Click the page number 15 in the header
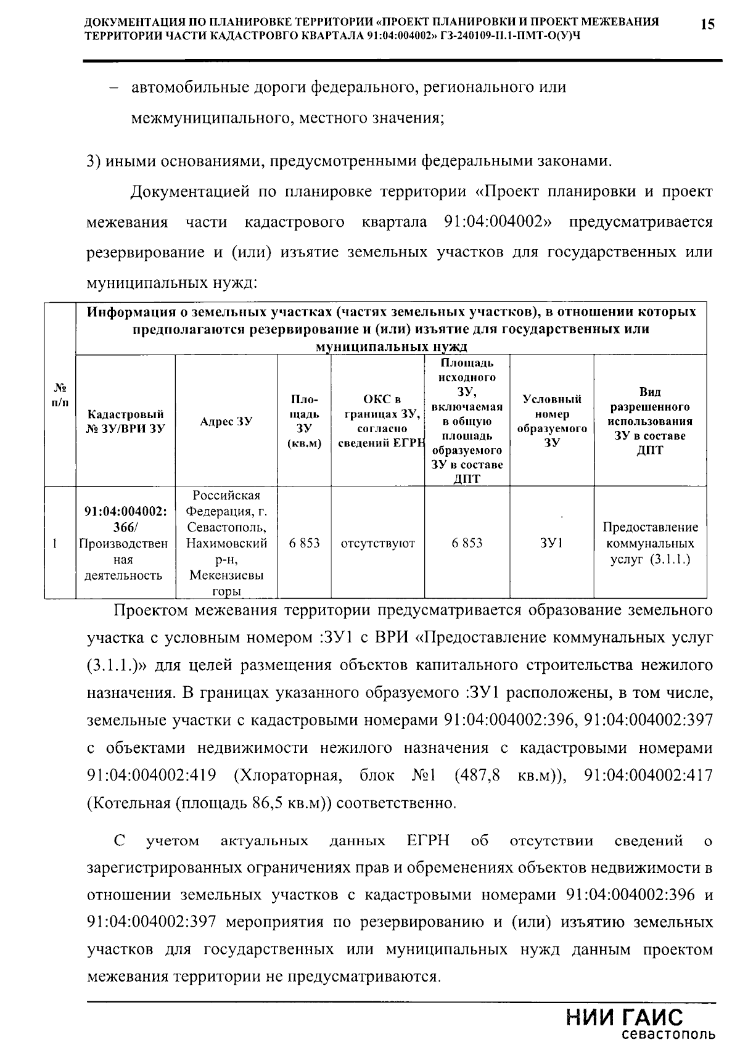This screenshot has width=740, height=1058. point(707,25)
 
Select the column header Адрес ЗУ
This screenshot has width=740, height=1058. point(226,422)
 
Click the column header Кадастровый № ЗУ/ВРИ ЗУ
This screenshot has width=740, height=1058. point(126,422)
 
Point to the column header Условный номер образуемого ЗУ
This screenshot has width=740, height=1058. point(553,421)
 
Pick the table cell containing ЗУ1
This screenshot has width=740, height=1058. point(553,543)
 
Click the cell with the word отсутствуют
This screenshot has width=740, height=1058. point(378,543)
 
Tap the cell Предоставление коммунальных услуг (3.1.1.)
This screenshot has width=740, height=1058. point(650,543)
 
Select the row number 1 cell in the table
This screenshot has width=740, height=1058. point(55,544)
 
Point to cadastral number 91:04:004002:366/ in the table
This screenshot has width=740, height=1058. point(126,519)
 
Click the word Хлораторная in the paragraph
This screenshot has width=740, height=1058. point(287,775)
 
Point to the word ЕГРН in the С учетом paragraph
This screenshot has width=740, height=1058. point(428,841)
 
